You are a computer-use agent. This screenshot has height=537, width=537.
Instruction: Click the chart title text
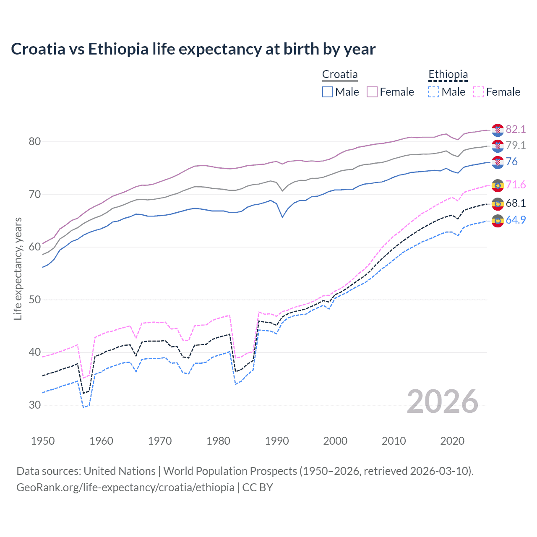point(193,49)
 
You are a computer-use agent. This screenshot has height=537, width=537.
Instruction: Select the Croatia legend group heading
point(340,75)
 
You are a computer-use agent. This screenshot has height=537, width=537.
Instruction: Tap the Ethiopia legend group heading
point(448,75)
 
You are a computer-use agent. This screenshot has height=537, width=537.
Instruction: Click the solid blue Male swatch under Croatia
point(328,92)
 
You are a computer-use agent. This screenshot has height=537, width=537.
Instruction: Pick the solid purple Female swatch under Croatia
point(372,92)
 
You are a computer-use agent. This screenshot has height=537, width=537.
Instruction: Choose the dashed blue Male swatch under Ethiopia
point(434,92)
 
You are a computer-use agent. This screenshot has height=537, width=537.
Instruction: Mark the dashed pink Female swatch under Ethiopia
point(478,92)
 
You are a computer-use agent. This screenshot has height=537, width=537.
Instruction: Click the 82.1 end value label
point(516,129)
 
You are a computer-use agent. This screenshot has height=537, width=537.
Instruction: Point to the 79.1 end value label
point(516,145)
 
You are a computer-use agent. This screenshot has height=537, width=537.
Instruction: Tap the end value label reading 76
point(511,162)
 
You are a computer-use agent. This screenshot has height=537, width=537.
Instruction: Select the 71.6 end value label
point(516,185)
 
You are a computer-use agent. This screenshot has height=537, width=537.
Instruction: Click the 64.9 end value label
point(516,220)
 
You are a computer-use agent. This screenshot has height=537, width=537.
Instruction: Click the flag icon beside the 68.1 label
point(498,204)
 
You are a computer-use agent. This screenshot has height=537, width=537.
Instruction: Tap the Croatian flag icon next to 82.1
point(498,130)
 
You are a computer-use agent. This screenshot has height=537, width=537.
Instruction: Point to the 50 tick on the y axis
point(35,300)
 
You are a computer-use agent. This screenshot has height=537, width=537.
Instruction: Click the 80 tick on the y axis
point(35,142)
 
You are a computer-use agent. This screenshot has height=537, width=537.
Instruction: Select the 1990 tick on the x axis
point(277,441)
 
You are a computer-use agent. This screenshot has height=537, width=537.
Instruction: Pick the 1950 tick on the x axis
point(43,441)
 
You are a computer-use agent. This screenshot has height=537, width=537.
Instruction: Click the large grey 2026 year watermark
point(442,401)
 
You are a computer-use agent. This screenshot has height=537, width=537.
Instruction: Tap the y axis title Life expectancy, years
point(18,268)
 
